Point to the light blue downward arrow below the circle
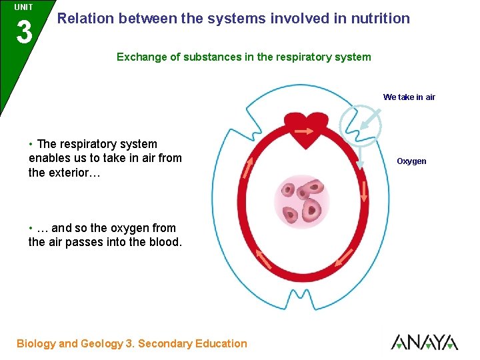click(359, 159)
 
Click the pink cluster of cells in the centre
click(303, 199)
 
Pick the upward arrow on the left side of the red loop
click(249, 167)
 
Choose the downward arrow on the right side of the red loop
click(364, 191)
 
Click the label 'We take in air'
click(409, 97)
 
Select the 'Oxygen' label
click(411, 161)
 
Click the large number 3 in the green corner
click(24, 32)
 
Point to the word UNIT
click(24, 7)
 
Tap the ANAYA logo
click(424, 342)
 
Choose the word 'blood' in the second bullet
click(163, 242)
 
